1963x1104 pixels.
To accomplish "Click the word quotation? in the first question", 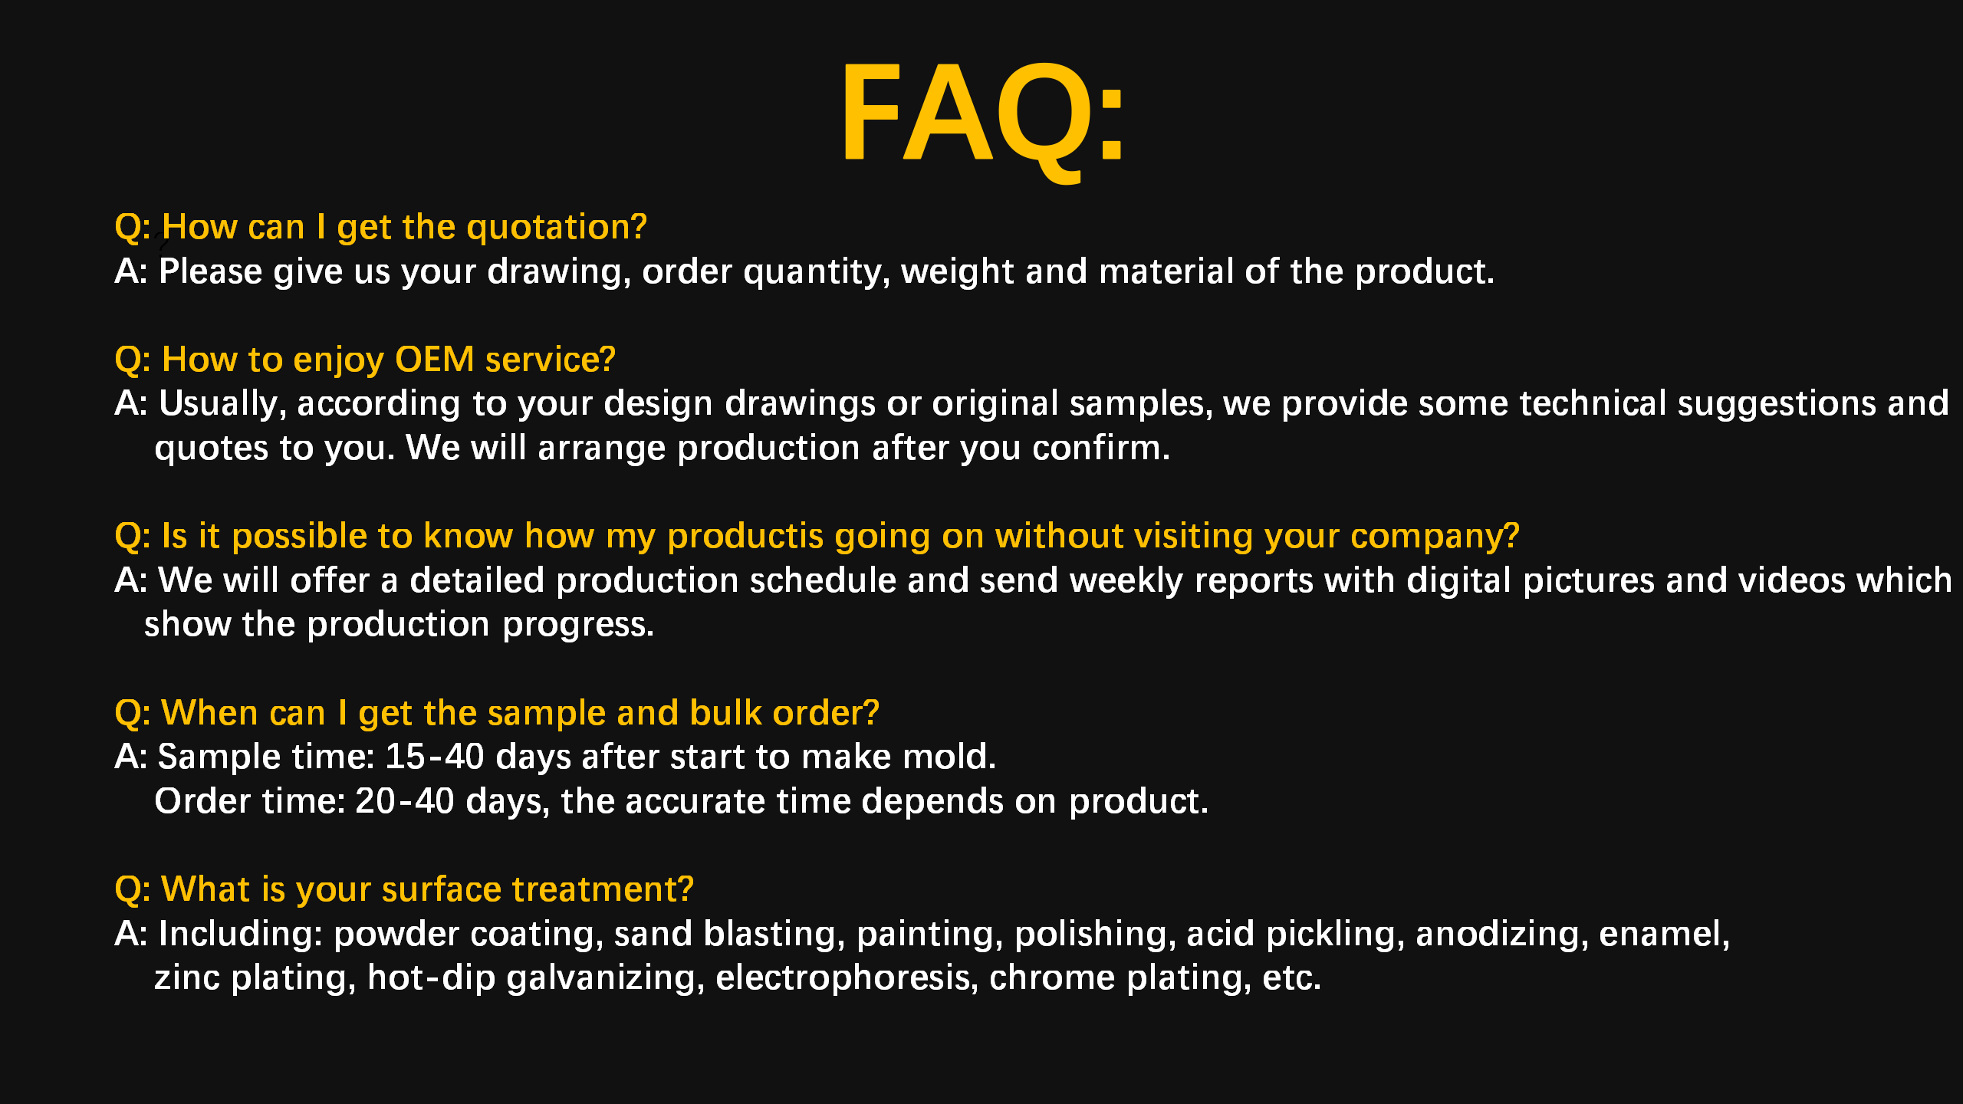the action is pyautogui.click(x=557, y=228).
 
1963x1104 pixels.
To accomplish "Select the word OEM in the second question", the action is pyautogui.click(x=435, y=360).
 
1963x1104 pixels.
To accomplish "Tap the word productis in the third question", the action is pyautogui.click(x=745, y=537).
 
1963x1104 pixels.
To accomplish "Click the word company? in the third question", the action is pyautogui.click(x=1435, y=537).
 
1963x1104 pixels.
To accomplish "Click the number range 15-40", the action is pyautogui.click(x=435, y=757).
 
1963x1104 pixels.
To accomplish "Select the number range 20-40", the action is pyautogui.click(x=405, y=802).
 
